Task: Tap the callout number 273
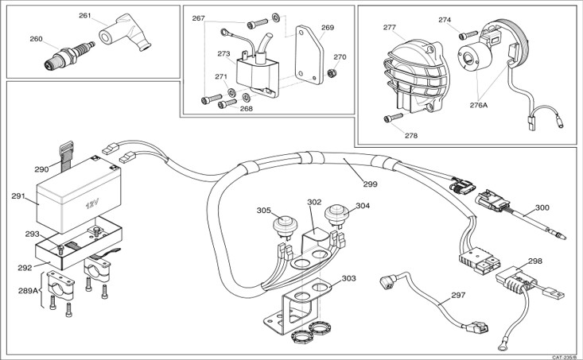223,55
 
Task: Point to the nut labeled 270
332,74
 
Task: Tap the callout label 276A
479,104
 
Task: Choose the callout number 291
19,195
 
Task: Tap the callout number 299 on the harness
370,184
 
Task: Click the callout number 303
349,278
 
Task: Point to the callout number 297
457,295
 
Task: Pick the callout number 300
542,207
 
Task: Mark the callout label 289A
28,292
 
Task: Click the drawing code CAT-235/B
566,356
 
